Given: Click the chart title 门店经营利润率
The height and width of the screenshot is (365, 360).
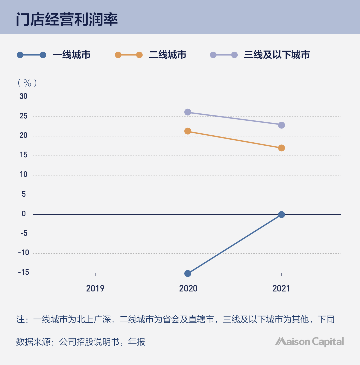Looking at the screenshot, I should click(67, 20).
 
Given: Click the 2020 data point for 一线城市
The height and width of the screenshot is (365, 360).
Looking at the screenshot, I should click(188, 273).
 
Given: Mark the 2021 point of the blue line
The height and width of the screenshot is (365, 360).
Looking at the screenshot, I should click(281, 214).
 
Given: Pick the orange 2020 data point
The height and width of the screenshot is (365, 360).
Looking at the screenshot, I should click(188, 131).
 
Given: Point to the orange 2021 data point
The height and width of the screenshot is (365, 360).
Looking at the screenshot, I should click(281, 148).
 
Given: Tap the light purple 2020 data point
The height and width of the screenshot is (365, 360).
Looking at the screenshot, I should click(188, 112).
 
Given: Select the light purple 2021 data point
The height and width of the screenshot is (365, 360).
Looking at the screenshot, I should click(281, 125).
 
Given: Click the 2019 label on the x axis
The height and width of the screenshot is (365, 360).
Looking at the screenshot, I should click(95, 288).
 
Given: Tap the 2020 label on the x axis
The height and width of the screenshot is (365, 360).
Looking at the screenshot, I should click(188, 288).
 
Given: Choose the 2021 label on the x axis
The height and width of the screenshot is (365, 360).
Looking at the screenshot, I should click(281, 288).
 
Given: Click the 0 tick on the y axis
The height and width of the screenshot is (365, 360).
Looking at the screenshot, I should click(24, 214).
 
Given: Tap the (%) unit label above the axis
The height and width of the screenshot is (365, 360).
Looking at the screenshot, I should click(27, 83).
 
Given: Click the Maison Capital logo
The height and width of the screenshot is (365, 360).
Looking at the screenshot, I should click(309, 342).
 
